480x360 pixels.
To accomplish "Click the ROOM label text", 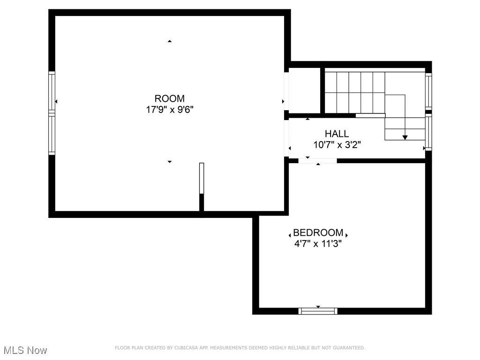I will click(169, 98).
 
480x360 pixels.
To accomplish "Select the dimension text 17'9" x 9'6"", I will click(169, 110).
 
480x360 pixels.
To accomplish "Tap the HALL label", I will click(337, 134).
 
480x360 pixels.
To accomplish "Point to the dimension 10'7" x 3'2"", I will click(337, 145).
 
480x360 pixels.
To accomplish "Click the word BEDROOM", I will click(318, 233).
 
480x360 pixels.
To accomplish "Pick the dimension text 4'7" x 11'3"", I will click(318, 244).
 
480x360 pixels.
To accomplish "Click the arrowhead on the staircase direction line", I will click(405, 137).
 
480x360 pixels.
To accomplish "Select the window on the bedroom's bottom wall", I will click(318, 310).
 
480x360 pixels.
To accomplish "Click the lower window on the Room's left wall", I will click(52, 135).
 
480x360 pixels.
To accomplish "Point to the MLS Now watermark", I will click(25, 350).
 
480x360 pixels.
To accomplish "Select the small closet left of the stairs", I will click(304, 90).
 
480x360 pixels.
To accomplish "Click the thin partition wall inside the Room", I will click(202, 178).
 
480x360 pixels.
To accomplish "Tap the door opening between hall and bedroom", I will click(318, 161).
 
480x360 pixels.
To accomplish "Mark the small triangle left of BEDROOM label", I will click(290, 234).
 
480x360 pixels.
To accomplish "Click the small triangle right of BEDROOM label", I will click(346, 234).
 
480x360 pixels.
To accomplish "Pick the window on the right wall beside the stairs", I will click(428, 91).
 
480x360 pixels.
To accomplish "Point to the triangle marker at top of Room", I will click(169, 42).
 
